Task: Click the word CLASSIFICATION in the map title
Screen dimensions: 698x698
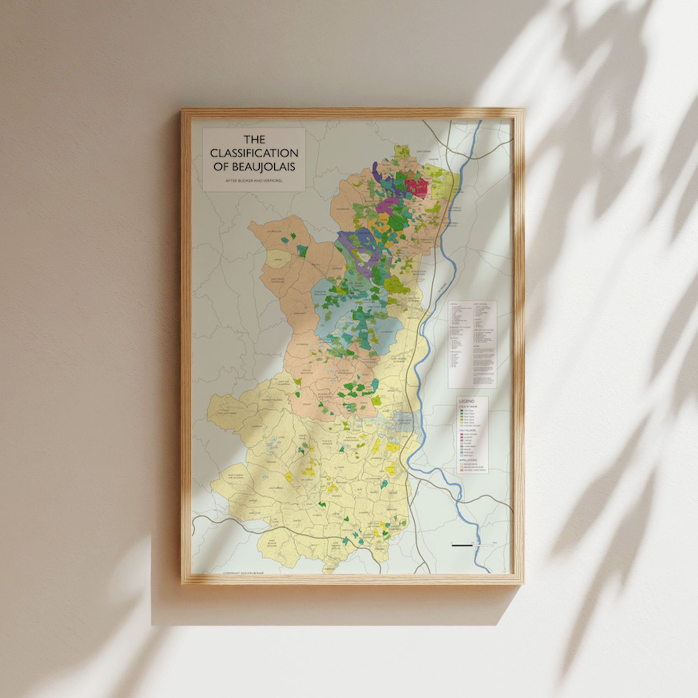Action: (254, 153)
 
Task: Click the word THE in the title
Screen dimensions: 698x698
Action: (254, 140)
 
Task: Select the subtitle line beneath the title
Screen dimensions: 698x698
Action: (254, 180)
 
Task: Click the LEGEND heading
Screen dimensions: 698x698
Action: (466, 401)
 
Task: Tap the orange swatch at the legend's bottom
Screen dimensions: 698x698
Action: (462, 470)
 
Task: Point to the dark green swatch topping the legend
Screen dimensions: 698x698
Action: (462, 411)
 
